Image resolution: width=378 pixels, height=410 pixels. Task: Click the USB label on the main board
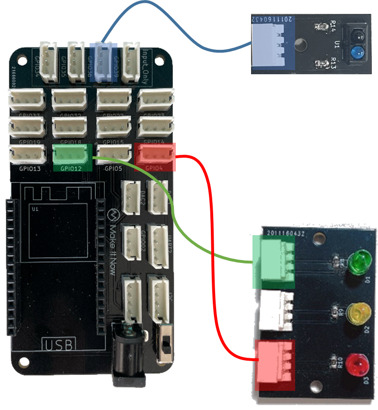(58, 343)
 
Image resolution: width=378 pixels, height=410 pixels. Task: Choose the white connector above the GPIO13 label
(27, 154)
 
